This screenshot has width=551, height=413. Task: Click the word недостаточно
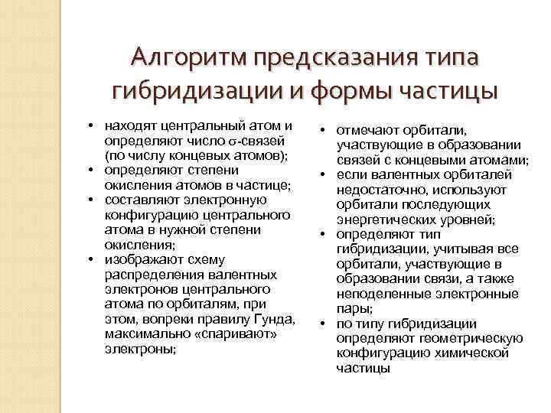tap(374, 190)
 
